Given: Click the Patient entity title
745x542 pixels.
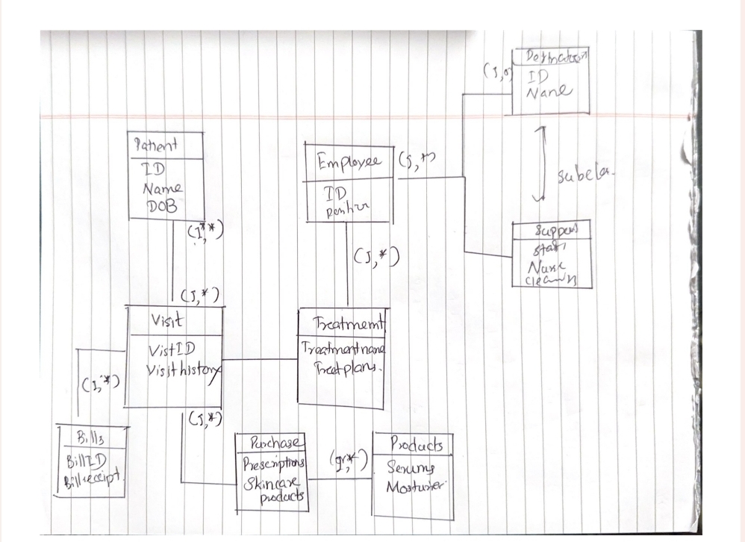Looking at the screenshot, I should pyautogui.click(x=156, y=145).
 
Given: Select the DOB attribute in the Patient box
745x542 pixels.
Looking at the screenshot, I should pyautogui.click(x=160, y=208).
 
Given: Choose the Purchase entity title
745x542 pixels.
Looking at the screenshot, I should pyautogui.click(x=271, y=444).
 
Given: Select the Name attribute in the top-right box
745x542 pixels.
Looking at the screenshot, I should pyautogui.click(x=549, y=92).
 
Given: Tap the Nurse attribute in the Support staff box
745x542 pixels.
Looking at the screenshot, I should pyautogui.click(x=547, y=267).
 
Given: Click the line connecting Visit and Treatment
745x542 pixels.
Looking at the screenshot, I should pyautogui.click(x=261, y=360).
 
